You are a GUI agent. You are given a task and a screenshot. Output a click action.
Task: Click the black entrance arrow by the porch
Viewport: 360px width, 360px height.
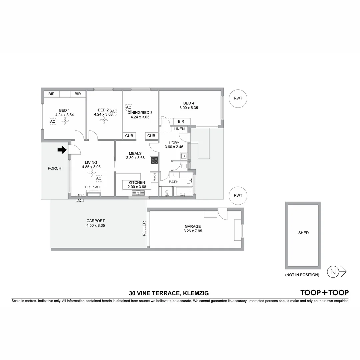tap(62, 150)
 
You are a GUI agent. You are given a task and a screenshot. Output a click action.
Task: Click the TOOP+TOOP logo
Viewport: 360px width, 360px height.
tap(324, 293)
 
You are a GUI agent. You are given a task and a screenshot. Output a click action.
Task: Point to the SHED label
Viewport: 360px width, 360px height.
tap(303, 233)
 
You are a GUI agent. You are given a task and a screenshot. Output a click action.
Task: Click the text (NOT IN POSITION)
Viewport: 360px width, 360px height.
tap(302, 275)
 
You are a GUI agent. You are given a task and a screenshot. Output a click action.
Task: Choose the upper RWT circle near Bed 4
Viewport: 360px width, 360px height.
tap(238, 98)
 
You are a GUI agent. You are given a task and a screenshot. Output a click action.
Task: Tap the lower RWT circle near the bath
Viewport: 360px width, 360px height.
tap(238, 196)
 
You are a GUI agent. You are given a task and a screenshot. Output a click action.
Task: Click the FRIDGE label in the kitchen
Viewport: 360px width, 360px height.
tap(155, 177)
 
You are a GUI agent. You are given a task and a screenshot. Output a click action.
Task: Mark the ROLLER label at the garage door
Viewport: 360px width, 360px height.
tap(144, 229)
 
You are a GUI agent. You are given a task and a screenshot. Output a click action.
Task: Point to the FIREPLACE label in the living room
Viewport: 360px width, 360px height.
tap(93, 187)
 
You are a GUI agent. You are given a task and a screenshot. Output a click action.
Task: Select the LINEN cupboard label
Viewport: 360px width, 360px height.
tap(179, 129)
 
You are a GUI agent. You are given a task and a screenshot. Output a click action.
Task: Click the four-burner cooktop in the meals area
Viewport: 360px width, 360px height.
tap(155, 160)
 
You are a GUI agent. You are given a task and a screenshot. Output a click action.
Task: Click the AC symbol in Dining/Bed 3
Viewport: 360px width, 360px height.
tap(129, 107)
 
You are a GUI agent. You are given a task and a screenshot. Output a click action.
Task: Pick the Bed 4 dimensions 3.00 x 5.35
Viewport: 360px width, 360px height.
tap(188, 108)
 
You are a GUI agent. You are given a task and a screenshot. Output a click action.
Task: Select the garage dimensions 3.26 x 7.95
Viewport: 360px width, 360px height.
tap(193, 231)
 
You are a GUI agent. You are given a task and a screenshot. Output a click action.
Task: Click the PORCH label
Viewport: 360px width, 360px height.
tap(54, 168)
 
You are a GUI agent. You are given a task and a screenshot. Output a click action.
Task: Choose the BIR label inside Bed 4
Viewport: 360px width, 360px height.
tap(181, 122)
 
